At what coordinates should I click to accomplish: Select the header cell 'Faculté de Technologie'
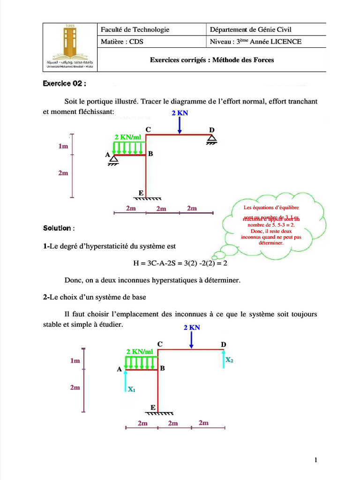[x=135, y=30]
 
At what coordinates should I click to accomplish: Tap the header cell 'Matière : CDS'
[x=122, y=42]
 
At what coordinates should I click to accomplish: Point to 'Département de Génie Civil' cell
[x=251, y=30]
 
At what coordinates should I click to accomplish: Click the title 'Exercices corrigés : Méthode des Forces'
[x=212, y=60]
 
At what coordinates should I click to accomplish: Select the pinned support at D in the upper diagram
[x=212, y=139]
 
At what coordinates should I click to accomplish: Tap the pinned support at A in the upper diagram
[x=113, y=160]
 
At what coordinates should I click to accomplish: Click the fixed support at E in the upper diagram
[x=146, y=198]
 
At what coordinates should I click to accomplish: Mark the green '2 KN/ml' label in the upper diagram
[x=127, y=137]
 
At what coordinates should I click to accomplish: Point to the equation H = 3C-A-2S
[x=180, y=263]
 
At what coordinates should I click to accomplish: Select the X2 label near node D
[x=229, y=360]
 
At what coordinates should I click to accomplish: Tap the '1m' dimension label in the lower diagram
[x=75, y=361]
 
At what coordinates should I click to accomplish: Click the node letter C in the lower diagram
[x=160, y=344]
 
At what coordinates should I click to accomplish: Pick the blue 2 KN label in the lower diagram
[x=192, y=327]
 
